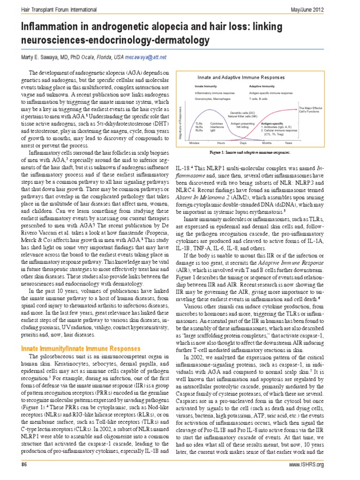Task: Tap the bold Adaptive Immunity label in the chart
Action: click(x=262, y=86)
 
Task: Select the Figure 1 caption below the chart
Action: click(x=249, y=153)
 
